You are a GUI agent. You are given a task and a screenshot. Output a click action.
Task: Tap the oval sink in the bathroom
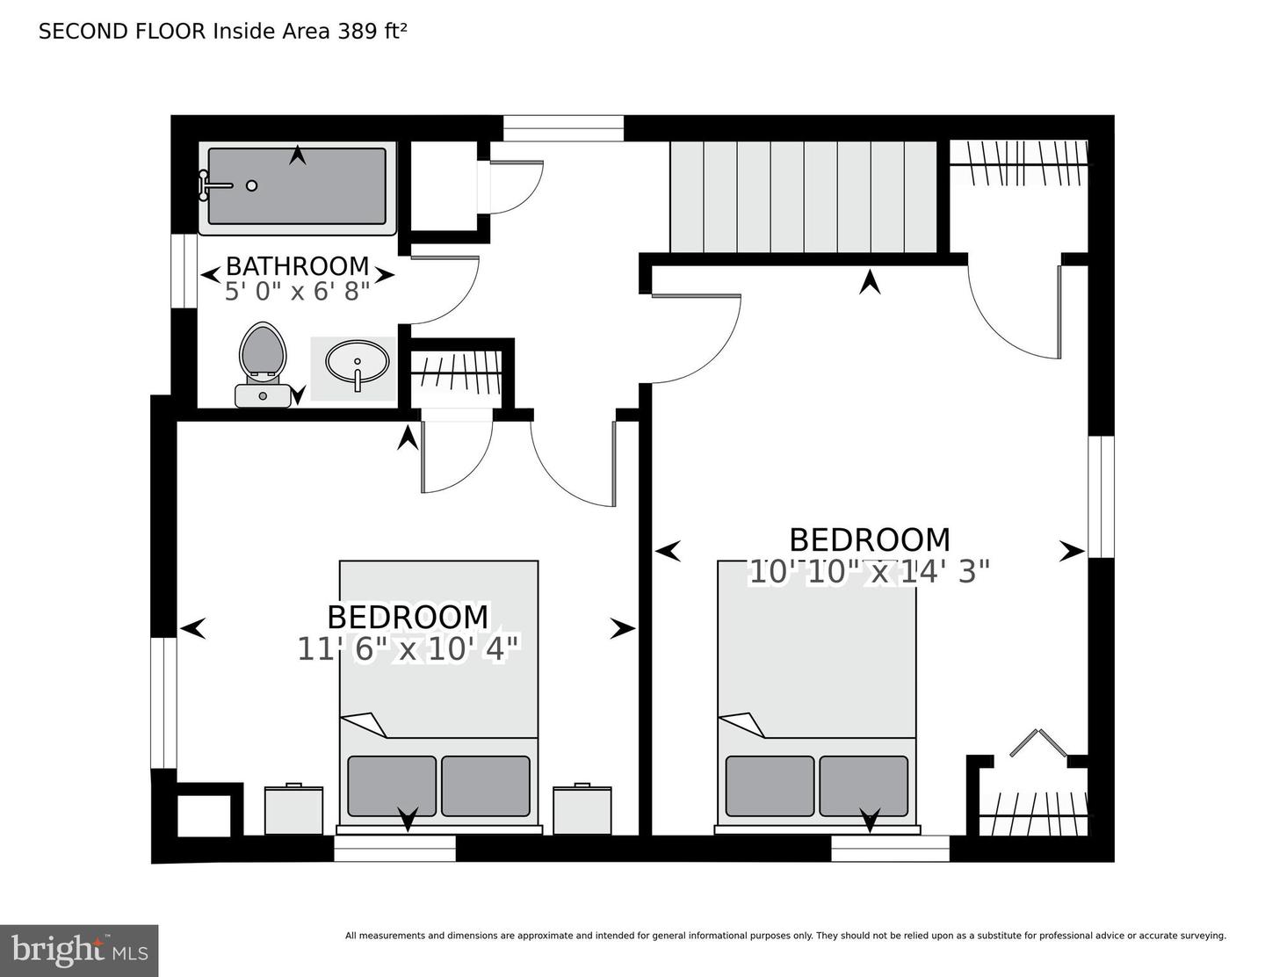[x=358, y=361]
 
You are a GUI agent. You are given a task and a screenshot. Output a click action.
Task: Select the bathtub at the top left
[x=297, y=186]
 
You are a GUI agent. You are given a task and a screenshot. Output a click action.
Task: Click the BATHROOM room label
[x=297, y=265]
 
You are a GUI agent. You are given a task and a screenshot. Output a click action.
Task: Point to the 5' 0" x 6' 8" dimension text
[x=297, y=292]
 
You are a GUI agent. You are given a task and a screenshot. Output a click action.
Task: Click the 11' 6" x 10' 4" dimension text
[x=408, y=648]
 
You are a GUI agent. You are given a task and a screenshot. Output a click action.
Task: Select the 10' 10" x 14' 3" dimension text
[x=869, y=571]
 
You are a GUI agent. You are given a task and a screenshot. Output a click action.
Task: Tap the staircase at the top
[x=804, y=197]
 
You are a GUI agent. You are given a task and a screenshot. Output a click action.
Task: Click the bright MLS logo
[x=79, y=951]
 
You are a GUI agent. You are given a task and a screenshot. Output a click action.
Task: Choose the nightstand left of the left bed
[x=293, y=810]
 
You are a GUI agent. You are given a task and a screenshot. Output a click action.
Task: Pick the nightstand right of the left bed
[x=582, y=810]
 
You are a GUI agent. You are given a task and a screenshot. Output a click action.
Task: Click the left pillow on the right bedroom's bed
[x=770, y=785]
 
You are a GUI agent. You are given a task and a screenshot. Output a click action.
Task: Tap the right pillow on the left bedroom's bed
[x=485, y=785]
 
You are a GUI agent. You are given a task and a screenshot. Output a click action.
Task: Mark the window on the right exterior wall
[x=1101, y=496]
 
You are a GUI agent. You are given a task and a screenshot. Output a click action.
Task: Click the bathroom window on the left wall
[x=184, y=271]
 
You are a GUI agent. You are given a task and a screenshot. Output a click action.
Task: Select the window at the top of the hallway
[x=563, y=128]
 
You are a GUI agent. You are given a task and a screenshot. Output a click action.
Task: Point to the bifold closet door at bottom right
[x=1037, y=743]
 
